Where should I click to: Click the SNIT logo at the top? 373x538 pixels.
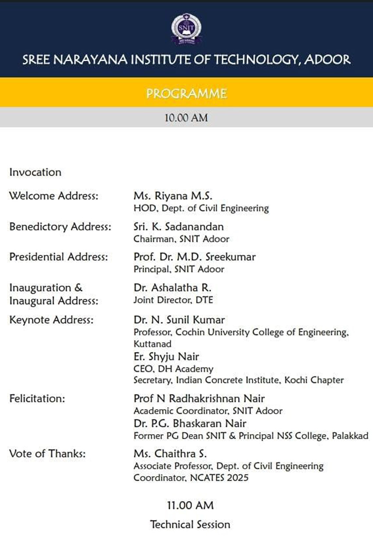coord(186,29)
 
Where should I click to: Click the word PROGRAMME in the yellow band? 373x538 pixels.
coord(186,93)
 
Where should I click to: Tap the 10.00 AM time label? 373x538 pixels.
coord(186,118)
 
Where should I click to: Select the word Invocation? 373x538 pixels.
coord(35,172)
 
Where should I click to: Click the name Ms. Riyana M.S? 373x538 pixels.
coord(173,195)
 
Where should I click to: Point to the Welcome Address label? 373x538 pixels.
coord(54,195)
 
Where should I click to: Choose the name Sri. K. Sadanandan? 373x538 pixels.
coord(179,227)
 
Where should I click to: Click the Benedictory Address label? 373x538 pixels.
coord(60,227)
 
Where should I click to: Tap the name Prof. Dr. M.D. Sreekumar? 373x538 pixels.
coord(194,257)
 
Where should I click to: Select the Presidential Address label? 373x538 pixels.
coord(58,257)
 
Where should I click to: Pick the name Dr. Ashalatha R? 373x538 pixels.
coord(172,288)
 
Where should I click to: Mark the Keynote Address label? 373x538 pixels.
coord(51,320)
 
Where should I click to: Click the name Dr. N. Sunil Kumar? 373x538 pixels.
coord(179,320)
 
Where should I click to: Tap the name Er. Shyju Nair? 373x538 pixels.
coord(166,356)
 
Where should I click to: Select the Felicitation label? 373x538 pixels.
coord(37,399)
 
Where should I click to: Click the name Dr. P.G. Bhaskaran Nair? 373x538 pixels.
coord(190,424)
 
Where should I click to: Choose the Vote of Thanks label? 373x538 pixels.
coord(47,454)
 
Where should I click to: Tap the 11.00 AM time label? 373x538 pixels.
coord(190,505)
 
